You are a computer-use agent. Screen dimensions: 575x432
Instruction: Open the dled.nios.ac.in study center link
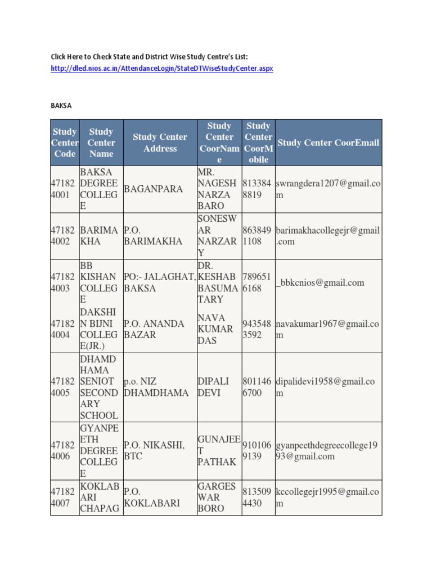point(161,69)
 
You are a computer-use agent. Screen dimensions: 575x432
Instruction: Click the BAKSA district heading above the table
point(61,105)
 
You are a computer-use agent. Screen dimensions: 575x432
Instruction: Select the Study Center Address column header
point(160,143)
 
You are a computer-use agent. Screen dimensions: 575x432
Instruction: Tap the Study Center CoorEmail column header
point(328,143)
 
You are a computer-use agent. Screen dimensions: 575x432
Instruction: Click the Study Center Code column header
point(65,143)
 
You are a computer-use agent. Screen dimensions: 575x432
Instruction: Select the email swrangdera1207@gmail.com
point(327,189)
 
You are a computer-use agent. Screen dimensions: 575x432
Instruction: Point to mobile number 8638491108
point(258,236)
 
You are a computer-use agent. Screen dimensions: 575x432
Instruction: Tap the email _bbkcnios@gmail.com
point(320,283)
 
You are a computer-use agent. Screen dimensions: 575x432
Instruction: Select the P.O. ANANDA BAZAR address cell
point(154,329)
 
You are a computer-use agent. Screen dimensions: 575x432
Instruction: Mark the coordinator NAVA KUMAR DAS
point(215,329)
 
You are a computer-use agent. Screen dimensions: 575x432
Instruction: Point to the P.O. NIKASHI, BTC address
point(154,450)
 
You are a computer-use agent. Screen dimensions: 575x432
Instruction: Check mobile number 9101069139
point(258,450)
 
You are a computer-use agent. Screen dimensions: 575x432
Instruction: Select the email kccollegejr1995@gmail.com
point(327,498)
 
